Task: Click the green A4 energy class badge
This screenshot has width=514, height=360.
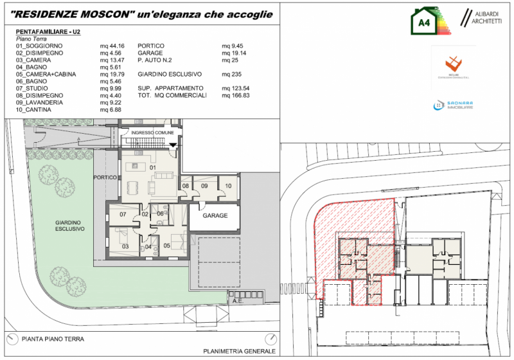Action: point(424,22)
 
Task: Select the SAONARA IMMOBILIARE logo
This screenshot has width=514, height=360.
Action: point(453,105)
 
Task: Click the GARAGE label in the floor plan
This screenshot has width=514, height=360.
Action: point(216,215)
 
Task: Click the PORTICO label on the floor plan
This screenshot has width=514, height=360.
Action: point(104,177)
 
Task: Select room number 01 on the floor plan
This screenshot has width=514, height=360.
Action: point(154,168)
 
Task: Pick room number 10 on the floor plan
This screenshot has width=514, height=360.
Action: point(227,186)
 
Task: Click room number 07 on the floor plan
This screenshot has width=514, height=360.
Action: point(122,213)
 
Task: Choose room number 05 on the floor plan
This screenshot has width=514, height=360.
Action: point(166,246)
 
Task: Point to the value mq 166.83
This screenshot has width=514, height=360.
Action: point(235,95)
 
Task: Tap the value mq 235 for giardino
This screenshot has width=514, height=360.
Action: point(230,74)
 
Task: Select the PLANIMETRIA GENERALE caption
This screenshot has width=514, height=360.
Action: point(239,351)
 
